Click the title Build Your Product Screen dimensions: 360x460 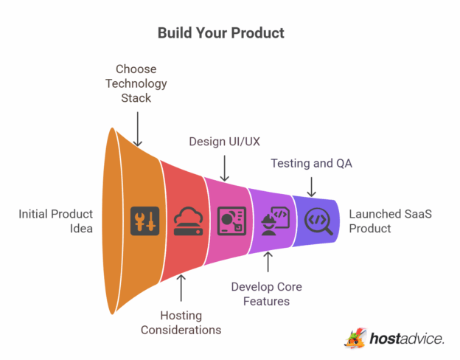(221, 33)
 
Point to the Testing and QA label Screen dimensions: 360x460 (311, 163)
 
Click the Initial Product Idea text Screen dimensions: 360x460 (56, 221)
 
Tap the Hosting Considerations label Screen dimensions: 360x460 (181, 322)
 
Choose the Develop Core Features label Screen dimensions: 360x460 (267, 294)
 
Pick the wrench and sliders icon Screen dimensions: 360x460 (144, 221)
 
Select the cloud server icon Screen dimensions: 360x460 (188, 221)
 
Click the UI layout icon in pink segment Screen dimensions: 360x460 (231, 221)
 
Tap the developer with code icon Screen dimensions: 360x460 (275, 220)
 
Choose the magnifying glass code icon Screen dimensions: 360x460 (318, 219)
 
